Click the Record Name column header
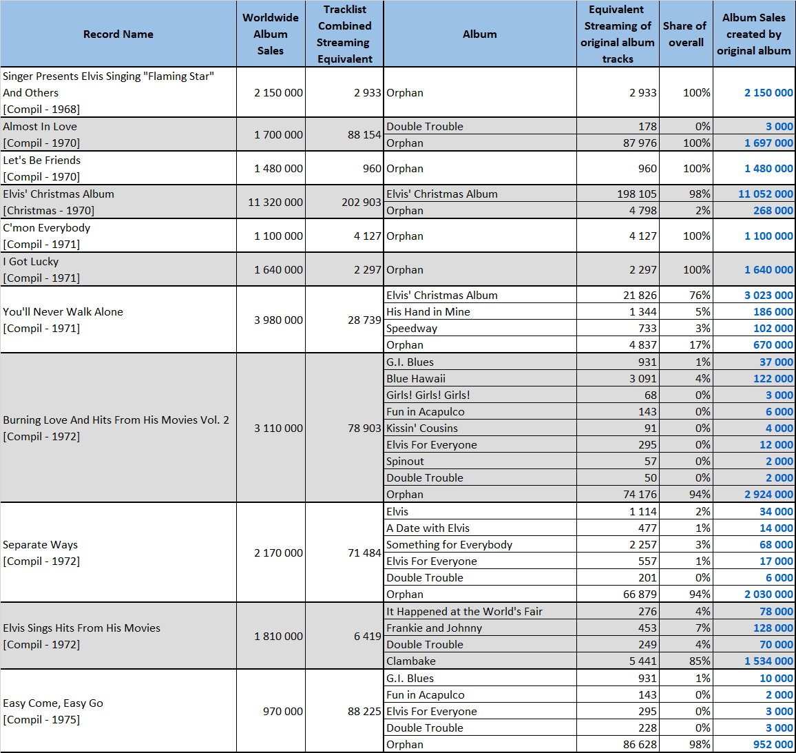118,34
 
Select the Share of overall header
685,34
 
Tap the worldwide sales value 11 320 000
275,202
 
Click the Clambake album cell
410,661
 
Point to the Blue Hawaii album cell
416,379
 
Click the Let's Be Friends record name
41,161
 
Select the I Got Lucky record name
30,262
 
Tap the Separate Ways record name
40,545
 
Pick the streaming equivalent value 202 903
361,202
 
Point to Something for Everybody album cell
449,545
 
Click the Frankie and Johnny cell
434,628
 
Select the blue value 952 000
773,744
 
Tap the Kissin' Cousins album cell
422,429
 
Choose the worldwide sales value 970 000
283,712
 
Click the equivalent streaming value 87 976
640,143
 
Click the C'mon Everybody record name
46,228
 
